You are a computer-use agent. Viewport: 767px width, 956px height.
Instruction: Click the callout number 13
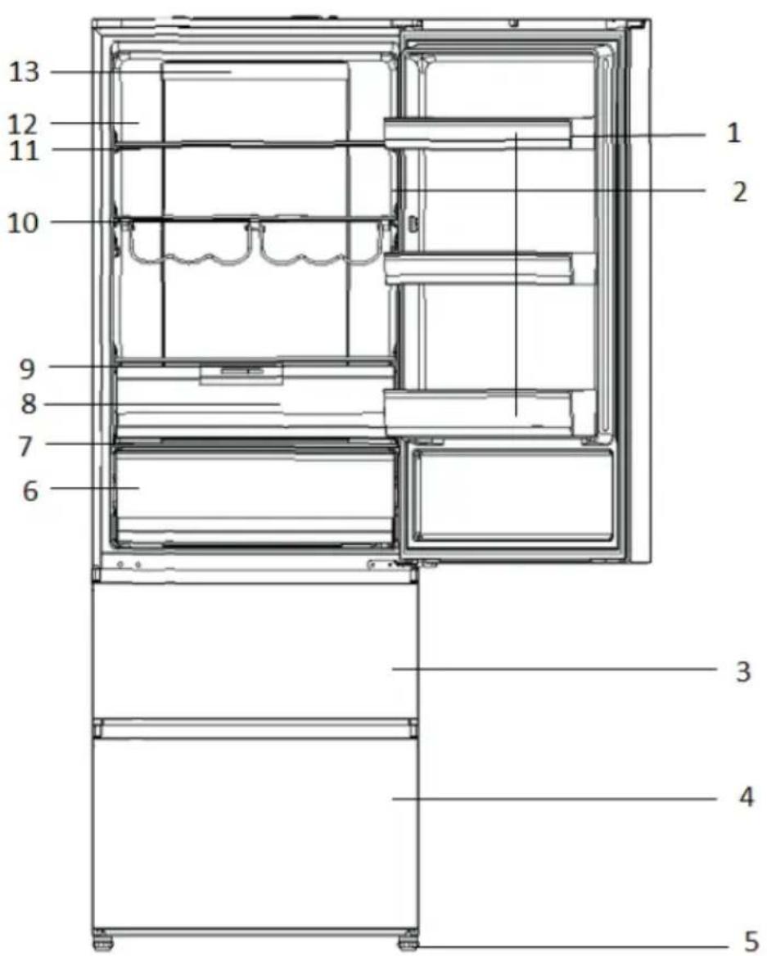point(24,73)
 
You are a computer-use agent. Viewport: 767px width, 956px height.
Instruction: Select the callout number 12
point(23,124)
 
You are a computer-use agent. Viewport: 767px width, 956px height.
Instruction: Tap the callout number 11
point(24,151)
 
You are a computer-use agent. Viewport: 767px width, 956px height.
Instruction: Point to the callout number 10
point(23,223)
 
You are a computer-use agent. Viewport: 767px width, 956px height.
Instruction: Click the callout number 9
point(28,369)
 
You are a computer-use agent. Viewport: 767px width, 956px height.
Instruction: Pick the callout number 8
point(29,404)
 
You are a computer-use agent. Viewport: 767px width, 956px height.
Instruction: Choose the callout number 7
point(25,446)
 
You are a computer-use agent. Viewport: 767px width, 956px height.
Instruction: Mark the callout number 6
point(30,491)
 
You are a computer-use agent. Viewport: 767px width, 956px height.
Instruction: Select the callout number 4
point(747,796)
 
